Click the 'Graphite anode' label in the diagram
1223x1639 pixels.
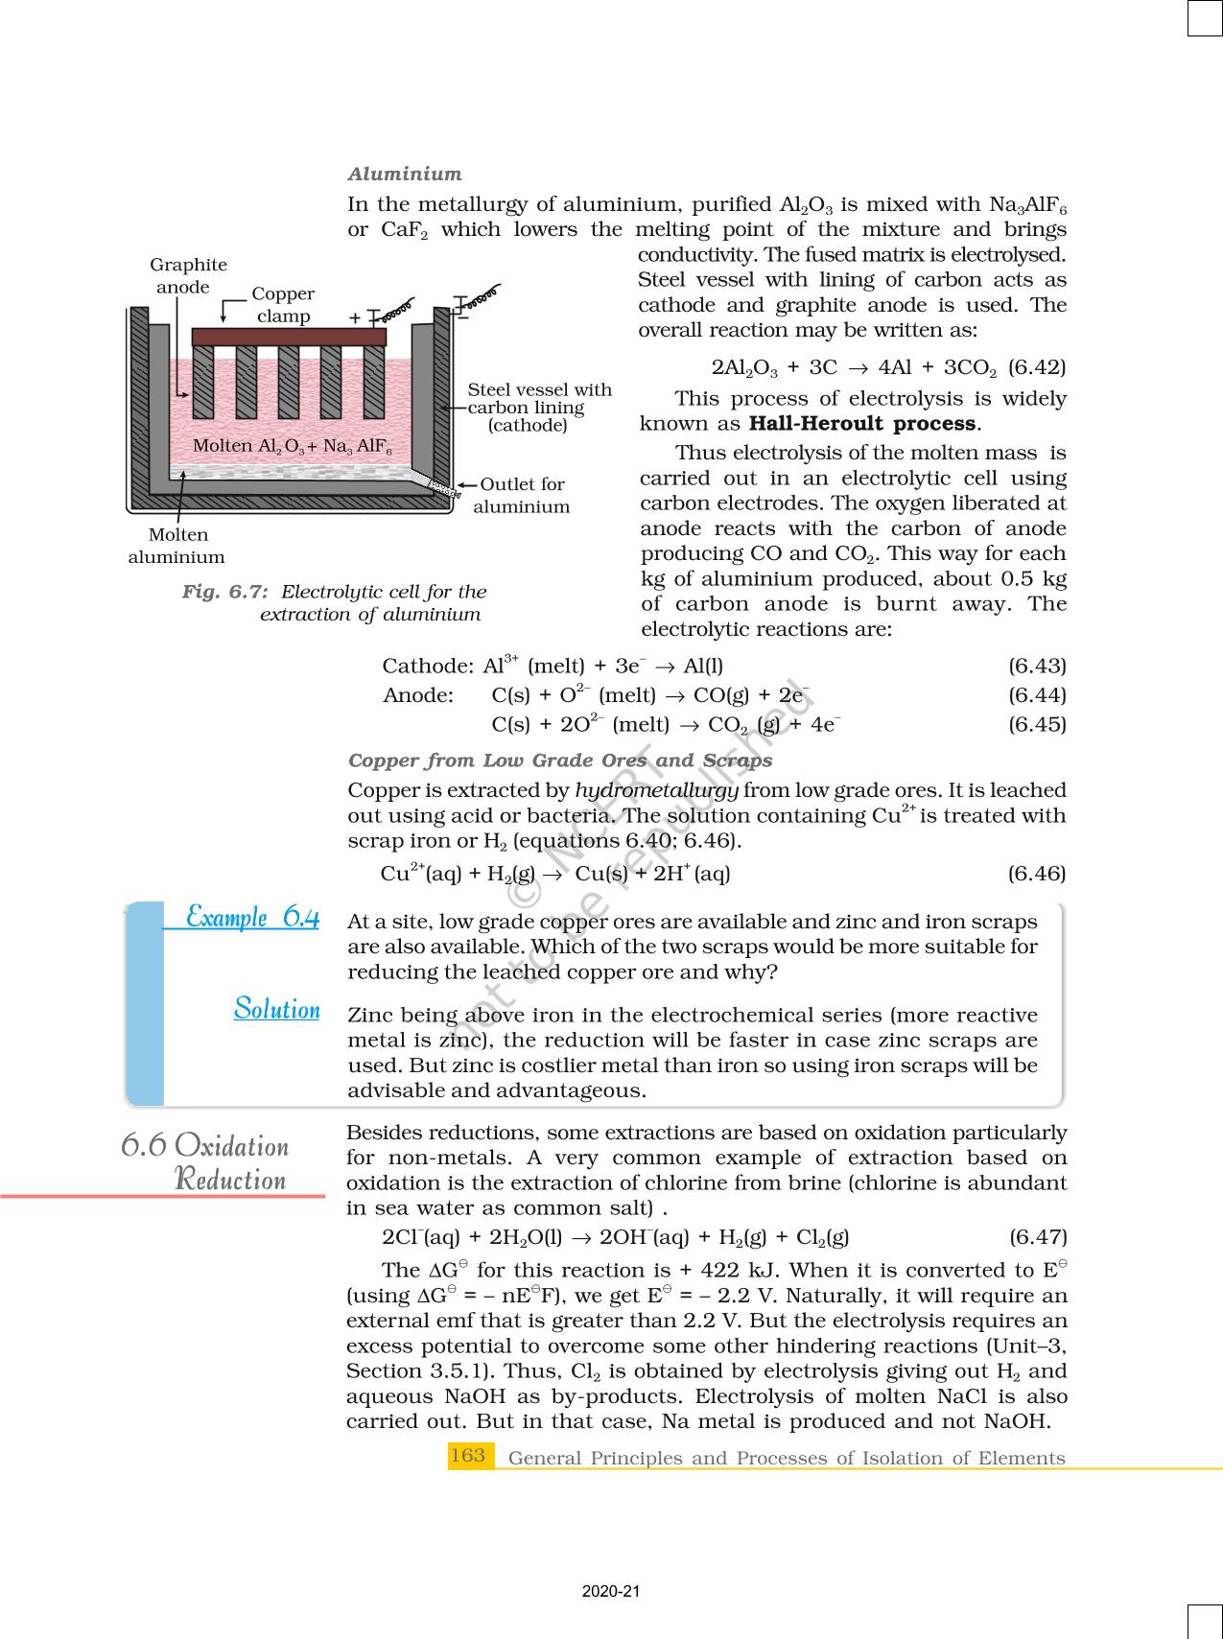188,276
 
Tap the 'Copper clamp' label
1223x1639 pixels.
283,305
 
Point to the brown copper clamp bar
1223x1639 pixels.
289,337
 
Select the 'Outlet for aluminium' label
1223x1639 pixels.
522,496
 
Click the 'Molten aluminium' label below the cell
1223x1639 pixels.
176,546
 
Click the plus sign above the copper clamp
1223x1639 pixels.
355,317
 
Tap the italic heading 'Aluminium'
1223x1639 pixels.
404,174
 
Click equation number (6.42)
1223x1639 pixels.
1037,367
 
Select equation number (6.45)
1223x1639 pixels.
1037,724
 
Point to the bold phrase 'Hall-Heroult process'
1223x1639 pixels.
862,424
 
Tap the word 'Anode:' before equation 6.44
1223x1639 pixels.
418,695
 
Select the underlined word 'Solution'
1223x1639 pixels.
276,1009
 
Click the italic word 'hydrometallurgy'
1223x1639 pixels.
656,790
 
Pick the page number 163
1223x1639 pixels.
467,1456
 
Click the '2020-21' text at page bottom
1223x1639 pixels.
611,1592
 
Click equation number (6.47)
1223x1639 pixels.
1037,1237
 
